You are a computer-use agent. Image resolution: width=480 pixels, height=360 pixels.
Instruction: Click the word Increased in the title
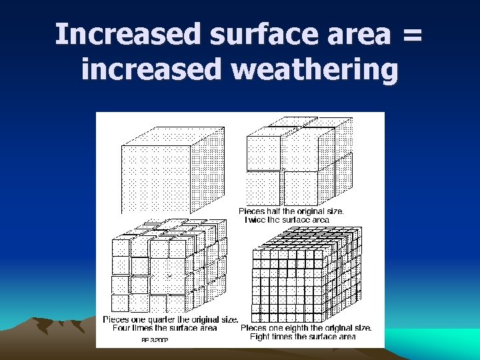pyautogui.click(x=126, y=35)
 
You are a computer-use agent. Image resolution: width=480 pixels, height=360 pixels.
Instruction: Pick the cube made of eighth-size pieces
pyautogui.click(x=307, y=273)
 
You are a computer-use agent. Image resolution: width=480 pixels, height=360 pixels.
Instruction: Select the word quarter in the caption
pyautogui.click(x=157, y=319)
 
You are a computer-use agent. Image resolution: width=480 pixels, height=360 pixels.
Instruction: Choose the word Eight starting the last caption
pyautogui.click(x=261, y=337)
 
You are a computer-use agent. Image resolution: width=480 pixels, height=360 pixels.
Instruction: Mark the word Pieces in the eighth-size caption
pyautogui.click(x=253, y=328)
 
